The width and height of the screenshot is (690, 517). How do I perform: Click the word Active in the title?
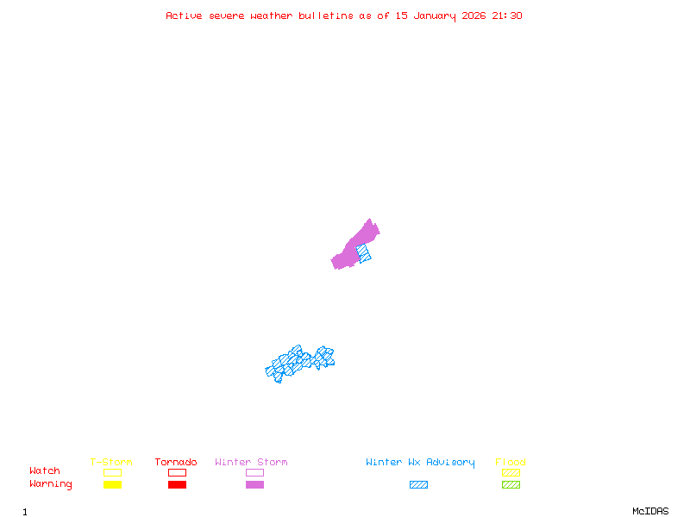coord(184,16)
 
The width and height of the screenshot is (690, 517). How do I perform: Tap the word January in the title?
coord(438,16)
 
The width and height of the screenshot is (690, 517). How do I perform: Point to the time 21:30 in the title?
coord(507,16)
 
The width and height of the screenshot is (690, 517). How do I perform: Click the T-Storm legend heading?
coord(111,462)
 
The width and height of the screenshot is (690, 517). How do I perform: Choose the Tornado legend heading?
coord(176,462)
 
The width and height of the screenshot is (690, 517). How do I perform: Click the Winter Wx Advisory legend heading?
coord(420,462)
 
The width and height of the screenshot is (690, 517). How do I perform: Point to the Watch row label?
coord(45,471)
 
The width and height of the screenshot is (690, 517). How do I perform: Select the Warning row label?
coord(51,484)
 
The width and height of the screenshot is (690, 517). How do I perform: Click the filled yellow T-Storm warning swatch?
coord(112,484)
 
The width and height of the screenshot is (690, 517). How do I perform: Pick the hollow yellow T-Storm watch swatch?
coord(112,472)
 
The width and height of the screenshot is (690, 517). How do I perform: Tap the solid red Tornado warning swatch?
coord(177,484)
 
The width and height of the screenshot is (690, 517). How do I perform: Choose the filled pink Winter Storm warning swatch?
coord(254,484)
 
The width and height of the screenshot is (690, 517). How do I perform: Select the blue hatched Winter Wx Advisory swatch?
coord(418,484)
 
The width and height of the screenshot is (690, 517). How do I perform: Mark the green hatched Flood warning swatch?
coord(511,484)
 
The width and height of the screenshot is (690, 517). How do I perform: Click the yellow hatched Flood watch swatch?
coord(511,472)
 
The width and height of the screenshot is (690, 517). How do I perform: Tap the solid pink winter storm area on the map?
coord(354,247)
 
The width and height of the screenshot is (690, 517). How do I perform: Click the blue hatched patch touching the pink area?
coord(365,254)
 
